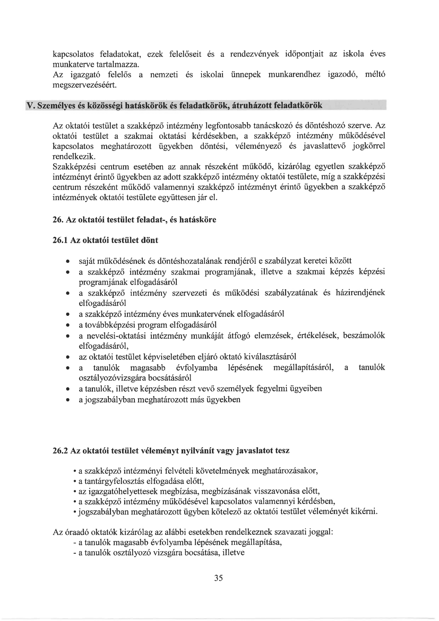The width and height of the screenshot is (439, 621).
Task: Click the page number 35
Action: [218, 578]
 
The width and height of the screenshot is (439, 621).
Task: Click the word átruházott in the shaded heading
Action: [252, 105]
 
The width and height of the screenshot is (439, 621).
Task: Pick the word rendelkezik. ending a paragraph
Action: [74, 157]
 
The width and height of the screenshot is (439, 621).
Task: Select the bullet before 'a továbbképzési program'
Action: [68, 325]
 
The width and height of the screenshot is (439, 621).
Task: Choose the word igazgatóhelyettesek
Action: [123, 491]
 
